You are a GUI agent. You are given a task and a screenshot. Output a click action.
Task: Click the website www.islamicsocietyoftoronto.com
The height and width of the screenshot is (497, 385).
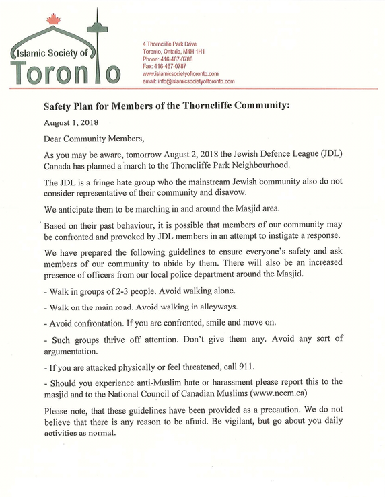pyautogui.click(x=180, y=73)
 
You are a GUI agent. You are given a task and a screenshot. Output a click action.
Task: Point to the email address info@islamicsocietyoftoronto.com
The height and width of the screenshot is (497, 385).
pyautogui.click(x=188, y=81)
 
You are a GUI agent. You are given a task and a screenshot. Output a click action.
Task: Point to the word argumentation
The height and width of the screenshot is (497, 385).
pyautogui.click(x=75, y=352)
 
